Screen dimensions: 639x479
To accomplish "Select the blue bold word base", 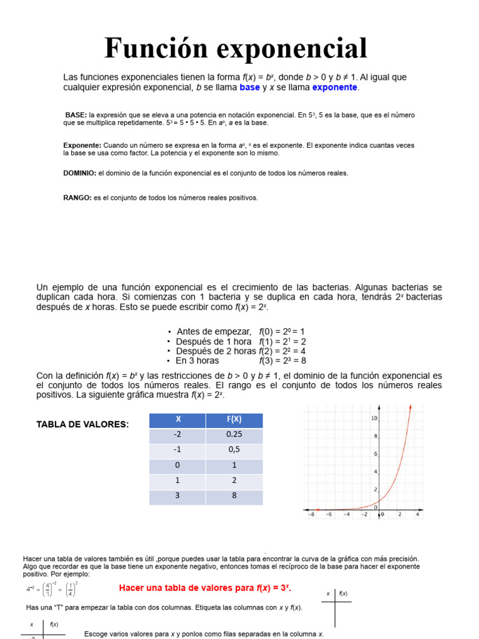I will [x=249, y=87].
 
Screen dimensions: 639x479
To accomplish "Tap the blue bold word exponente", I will [x=335, y=87].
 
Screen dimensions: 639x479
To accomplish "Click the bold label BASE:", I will [x=76, y=115].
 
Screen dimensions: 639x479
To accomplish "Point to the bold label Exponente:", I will [x=82, y=145].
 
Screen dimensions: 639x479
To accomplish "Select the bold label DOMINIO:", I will [x=80, y=173].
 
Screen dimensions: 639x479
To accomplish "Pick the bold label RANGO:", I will [x=77, y=198].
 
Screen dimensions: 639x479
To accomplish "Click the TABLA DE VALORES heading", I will [x=83, y=424].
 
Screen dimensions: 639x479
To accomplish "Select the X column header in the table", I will [x=178, y=421].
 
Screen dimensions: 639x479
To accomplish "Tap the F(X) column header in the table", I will [x=234, y=421].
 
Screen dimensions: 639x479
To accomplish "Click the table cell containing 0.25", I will [x=234, y=436].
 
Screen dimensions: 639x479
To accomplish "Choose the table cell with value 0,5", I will [x=234, y=451].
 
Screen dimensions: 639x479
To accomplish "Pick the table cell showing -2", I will [x=178, y=436].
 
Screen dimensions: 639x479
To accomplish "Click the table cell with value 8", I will [x=234, y=497].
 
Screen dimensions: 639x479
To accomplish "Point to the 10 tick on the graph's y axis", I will [x=374, y=417].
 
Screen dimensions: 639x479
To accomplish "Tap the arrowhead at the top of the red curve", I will [x=410, y=407].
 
